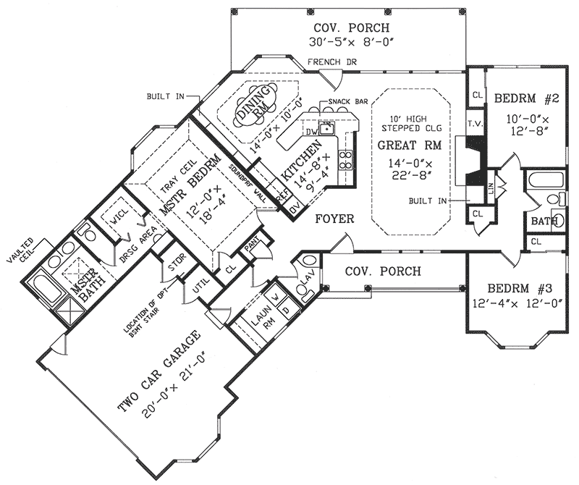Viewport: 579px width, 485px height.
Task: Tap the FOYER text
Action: (x=334, y=218)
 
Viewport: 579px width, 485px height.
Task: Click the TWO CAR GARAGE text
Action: (x=159, y=373)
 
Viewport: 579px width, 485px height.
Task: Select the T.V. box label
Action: (x=475, y=124)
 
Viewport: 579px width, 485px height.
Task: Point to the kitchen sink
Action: (x=328, y=130)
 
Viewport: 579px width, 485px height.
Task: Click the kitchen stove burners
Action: (x=347, y=159)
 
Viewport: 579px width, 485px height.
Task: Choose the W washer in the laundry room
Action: (x=275, y=298)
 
